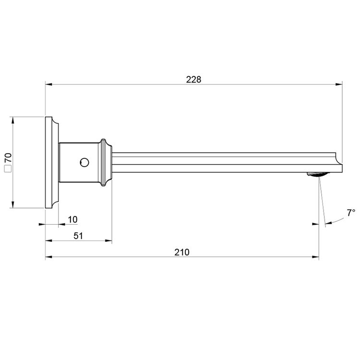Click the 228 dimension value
[193, 79]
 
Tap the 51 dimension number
[78, 236]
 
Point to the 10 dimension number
[72, 219]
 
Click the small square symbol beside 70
[7, 168]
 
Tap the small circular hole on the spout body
[84, 162]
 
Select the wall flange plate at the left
[50, 162]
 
